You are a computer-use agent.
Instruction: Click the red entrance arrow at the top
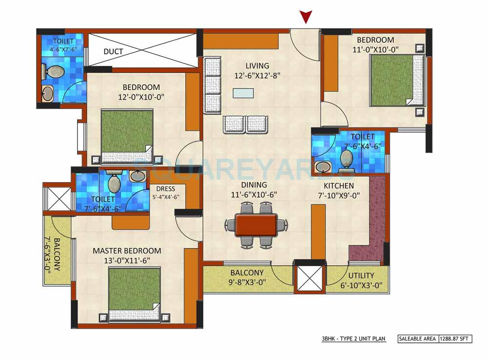(x=305, y=18)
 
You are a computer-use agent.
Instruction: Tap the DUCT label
(x=113, y=51)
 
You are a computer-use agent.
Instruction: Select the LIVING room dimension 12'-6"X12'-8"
(x=257, y=75)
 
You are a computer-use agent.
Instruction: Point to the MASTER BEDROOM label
(x=127, y=251)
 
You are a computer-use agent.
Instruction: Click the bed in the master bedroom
(x=134, y=295)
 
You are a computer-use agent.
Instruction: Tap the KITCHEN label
(x=339, y=186)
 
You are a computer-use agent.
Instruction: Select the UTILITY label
(x=361, y=275)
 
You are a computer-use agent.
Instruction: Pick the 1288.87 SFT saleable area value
(x=455, y=338)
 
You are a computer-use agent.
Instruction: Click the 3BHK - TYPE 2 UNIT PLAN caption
(x=353, y=338)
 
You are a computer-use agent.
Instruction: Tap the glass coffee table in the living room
(x=244, y=93)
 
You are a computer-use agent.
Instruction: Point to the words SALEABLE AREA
(x=417, y=338)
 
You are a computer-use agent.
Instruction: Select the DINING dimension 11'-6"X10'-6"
(x=254, y=194)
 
